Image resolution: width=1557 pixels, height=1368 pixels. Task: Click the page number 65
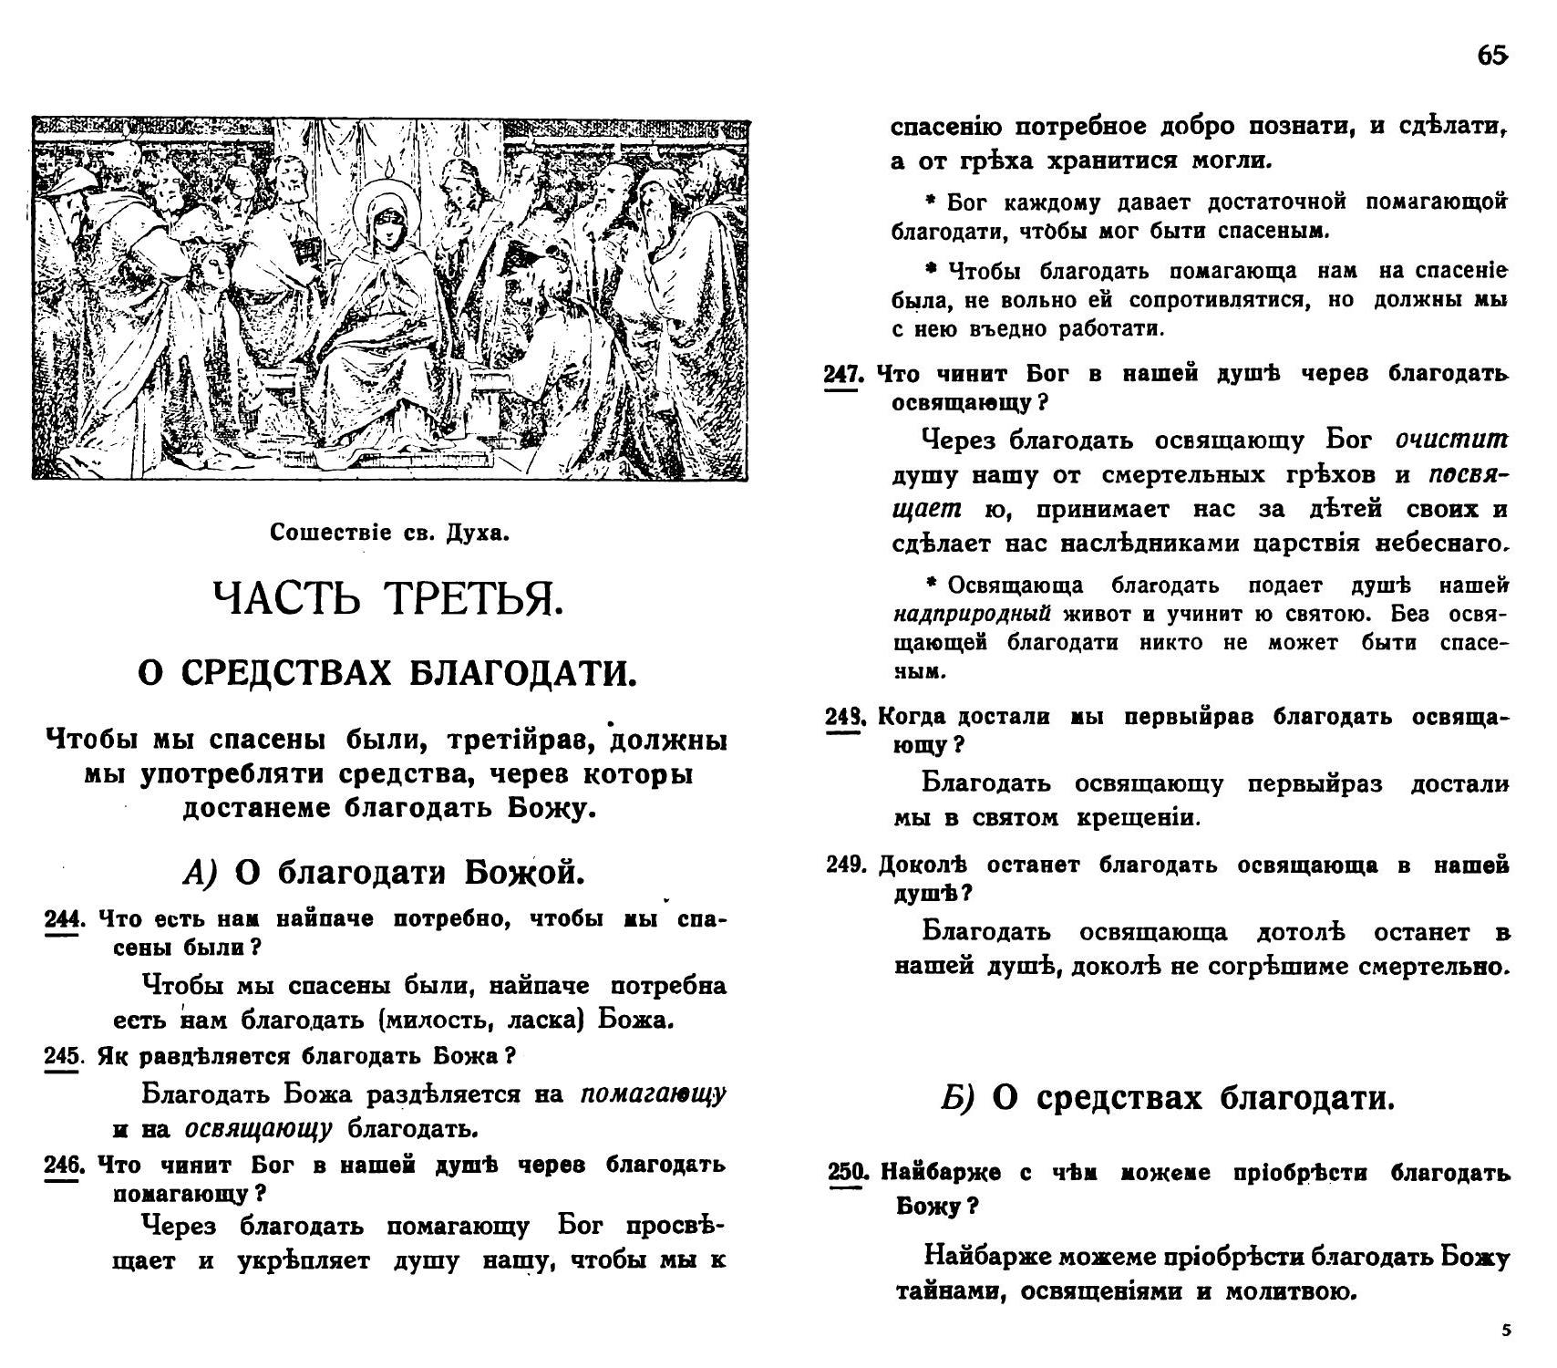(x=1491, y=57)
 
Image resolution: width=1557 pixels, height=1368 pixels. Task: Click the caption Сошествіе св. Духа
(x=389, y=533)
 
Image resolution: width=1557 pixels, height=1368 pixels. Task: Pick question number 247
(x=843, y=375)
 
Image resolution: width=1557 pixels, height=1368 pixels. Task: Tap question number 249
(x=845, y=865)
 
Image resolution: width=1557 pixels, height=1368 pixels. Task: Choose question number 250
(x=847, y=1173)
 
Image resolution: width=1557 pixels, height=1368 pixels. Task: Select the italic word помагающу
(x=653, y=1093)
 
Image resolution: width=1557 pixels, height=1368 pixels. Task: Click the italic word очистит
(x=1451, y=440)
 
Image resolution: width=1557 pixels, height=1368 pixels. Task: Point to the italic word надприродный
(x=972, y=614)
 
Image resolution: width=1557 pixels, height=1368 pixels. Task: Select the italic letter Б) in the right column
(x=957, y=1099)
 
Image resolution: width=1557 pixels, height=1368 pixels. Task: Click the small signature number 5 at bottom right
(x=1505, y=1331)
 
